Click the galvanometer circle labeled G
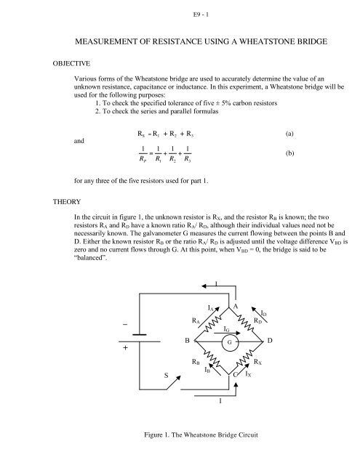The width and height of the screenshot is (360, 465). (x=230, y=340)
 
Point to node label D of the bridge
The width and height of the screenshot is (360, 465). (x=270, y=340)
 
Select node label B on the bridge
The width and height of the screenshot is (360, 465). (x=188, y=340)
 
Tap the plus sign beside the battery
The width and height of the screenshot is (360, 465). (x=125, y=348)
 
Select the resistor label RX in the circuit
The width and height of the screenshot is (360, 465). (x=258, y=361)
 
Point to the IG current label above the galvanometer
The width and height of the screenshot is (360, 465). (x=228, y=328)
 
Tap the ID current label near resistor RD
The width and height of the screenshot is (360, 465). (x=265, y=312)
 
